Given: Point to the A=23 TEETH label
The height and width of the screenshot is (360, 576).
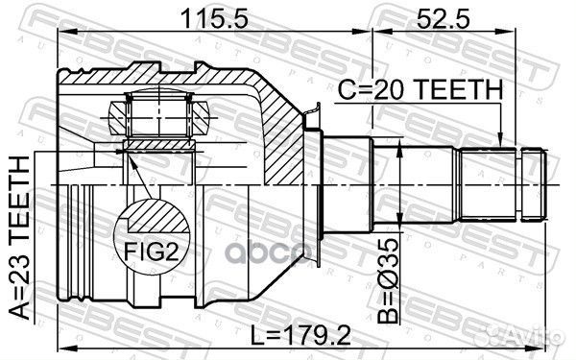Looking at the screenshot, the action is click(19, 238).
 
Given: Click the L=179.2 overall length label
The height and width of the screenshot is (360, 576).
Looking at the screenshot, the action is click(300, 335).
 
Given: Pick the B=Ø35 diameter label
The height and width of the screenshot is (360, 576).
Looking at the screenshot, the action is click(388, 280).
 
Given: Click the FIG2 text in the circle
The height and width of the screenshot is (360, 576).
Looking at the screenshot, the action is click(152, 252).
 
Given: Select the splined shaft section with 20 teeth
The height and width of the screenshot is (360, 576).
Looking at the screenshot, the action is click(488, 184).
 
